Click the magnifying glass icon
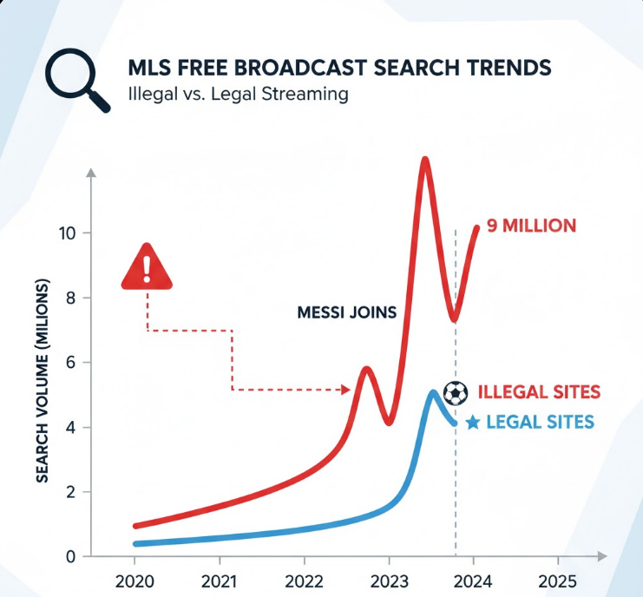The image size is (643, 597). tap(75, 79)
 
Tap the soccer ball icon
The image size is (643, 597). tap(456, 392)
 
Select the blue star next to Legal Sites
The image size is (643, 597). tap(473, 423)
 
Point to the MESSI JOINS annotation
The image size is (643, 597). tap(346, 313)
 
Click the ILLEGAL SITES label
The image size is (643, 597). tap(538, 392)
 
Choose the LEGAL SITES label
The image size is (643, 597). tap(540, 423)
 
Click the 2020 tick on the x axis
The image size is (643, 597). tap(135, 581)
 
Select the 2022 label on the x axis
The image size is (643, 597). tap(304, 581)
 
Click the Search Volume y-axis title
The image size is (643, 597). tap(41, 382)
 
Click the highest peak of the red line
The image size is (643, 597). tap(424, 160)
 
